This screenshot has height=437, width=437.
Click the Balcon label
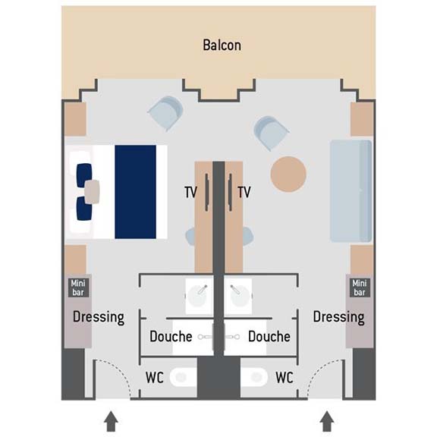click(222, 46)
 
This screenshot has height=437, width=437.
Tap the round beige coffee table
click(288, 174)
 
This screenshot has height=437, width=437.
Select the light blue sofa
click(351, 191)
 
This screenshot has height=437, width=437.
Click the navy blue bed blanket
click(136, 192)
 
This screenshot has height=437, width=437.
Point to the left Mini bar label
click(78, 288)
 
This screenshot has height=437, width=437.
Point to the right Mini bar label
click(360, 288)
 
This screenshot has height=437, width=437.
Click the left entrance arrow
click(111, 421)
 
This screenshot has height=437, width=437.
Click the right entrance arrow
click(327, 421)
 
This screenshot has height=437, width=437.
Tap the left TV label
click(191, 192)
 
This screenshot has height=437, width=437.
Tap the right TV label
click(244, 192)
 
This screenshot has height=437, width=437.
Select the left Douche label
click(171, 336)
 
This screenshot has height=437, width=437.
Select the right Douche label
click(269, 336)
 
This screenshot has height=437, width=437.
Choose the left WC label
click(155, 378)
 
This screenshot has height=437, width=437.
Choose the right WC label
click(285, 378)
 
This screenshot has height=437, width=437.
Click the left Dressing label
click(99, 317)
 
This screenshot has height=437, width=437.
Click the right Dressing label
click(338, 317)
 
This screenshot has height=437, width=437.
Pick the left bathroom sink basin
click(197, 296)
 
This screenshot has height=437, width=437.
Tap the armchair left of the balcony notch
click(166, 113)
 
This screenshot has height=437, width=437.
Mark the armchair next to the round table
click(271, 133)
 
